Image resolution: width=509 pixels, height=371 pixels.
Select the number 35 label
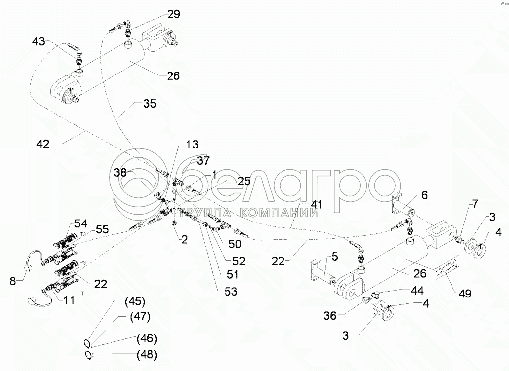[x=149, y=104]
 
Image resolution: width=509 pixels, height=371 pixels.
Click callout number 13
[x=192, y=145]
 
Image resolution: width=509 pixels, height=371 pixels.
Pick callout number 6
[x=425, y=195]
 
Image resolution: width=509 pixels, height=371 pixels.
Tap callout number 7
[x=475, y=203]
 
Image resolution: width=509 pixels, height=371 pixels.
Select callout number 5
[x=334, y=257]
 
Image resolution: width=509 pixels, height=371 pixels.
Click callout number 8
[x=12, y=281]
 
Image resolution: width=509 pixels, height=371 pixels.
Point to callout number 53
[x=230, y=292]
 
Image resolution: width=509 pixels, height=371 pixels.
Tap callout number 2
[x=184, y=240]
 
